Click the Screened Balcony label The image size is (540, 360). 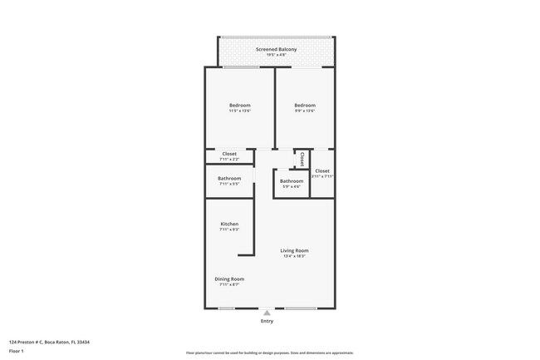pos(277,49)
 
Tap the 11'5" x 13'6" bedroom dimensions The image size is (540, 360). pos(240,111)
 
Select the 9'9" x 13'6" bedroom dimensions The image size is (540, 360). pos(304,111)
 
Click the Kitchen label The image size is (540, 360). pos(229,224)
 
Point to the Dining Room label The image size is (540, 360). pos(229,279)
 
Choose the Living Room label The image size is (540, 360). pos(295,250)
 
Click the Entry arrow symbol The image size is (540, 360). pos(267,313)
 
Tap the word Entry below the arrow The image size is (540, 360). pos(267,321)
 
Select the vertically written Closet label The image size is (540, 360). pos(302,158)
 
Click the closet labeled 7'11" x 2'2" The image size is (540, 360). pos(228,155)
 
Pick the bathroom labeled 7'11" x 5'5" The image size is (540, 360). pos(229,180)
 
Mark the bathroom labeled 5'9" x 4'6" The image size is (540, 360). pos(292,183)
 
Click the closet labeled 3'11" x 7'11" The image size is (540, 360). pos(322,173)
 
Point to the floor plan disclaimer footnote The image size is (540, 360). pos(270,353)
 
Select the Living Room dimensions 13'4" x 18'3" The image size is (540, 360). pos(295,256)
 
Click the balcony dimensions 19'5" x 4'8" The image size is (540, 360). pos(277,55)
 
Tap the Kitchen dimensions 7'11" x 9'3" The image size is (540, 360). pos(229,230)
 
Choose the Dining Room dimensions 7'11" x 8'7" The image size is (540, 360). pos(229,284)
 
